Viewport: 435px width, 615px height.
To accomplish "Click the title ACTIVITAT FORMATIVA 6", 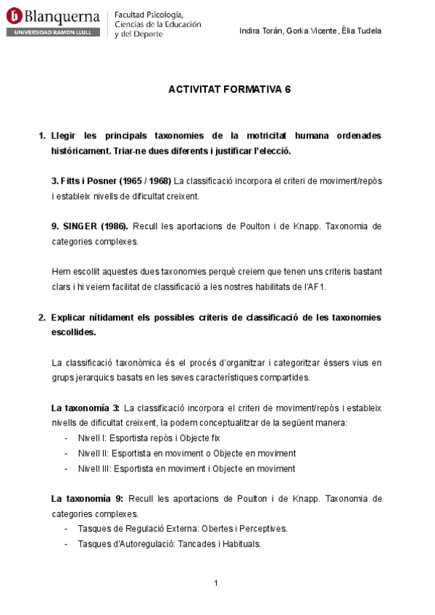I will coord(229,90).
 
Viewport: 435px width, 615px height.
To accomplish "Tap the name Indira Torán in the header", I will coord(261,30).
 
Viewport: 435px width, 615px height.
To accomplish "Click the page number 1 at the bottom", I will coord(216,583).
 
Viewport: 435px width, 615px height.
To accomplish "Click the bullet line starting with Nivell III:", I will coord(186,469).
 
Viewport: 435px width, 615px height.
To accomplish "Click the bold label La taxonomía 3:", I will coord(85,408).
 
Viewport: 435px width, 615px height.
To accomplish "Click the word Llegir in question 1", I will coord(63,136).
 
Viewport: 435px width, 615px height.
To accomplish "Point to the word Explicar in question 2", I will coord(71,318).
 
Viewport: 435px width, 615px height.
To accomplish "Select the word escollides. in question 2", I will coord(73,332).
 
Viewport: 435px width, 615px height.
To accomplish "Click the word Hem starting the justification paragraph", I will coord(61,271).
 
